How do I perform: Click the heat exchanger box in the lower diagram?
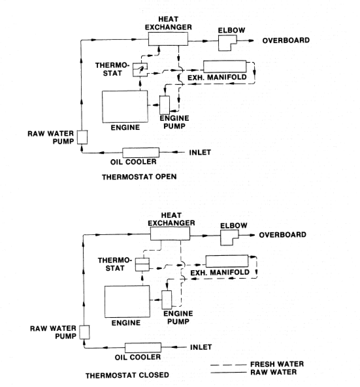[x=170, y=234]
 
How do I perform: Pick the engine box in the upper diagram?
[x=125, y=107]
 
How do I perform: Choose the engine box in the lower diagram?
[x=127, y=301]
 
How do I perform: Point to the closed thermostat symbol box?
[x=142, y=264]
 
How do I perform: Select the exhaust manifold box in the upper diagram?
[x=225, y=66]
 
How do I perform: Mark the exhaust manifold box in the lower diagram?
[x=227, y=261]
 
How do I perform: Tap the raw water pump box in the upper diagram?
[x=82, y=137]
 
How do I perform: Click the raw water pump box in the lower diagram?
[x=85, y=332]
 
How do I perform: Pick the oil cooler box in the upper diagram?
[x=140, y=152]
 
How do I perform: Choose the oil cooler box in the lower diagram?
[x=143, y=347]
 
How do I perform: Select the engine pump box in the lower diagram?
[x=167, y=300]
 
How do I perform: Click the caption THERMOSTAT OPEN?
[x=139, y=177]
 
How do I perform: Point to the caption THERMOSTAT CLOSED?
[x=127, y=375]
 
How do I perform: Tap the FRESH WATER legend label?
[x=277, y=364]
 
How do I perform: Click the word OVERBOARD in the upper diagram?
[x=286, y=40]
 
